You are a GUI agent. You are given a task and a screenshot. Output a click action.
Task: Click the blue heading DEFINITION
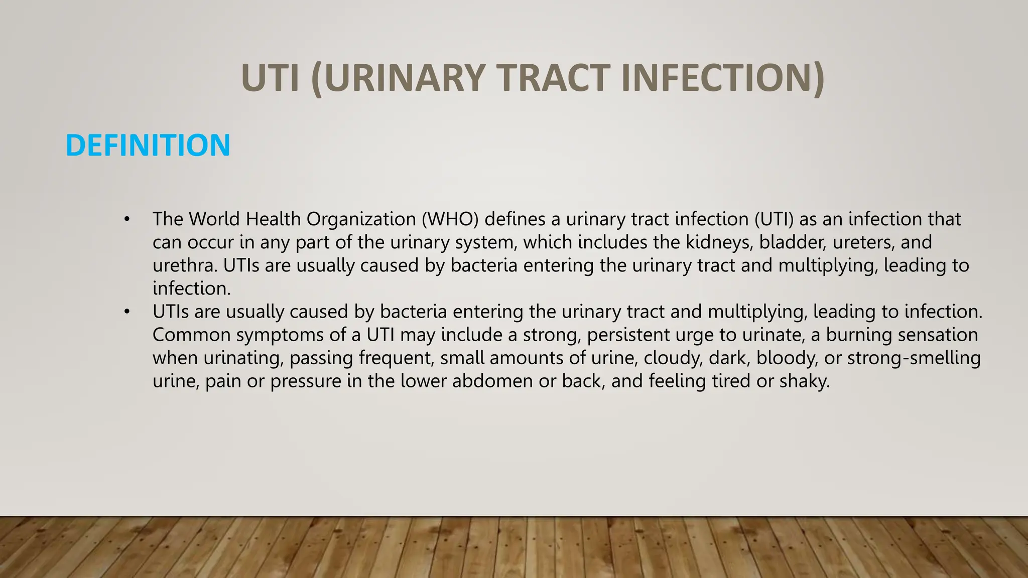point(148,146)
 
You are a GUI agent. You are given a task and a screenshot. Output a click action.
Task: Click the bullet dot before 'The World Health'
point(127,219)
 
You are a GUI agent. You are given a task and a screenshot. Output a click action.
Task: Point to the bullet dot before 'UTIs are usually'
point(127,312)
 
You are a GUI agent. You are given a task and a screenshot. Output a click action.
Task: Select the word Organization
point(361,220)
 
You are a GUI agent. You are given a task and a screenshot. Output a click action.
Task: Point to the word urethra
point(185,265)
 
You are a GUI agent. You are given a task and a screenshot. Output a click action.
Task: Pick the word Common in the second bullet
point(191,335)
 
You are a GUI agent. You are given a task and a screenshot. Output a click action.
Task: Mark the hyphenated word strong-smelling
point(914,358)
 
